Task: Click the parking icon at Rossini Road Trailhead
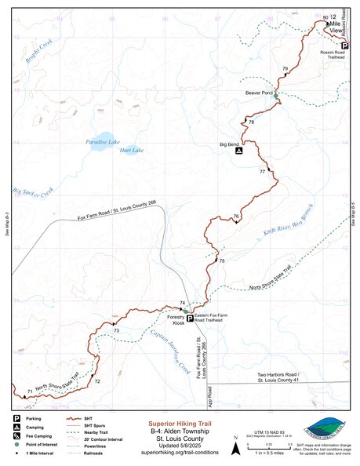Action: pyautogui.click(x=344, y=46)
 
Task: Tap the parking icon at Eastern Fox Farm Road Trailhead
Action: pyautogui.click(x=190, y=318)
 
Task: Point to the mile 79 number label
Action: pyautogui.click(x=285, y=69)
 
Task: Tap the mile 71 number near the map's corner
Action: pyautogui.click(x=30, y=391)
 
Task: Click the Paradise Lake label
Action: pyautogui.click(x=102, y=141)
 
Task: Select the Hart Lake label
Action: pyautogui.click(x=133, y=150)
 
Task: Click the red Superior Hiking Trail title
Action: pyautogui.click(x=180, y=422)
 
